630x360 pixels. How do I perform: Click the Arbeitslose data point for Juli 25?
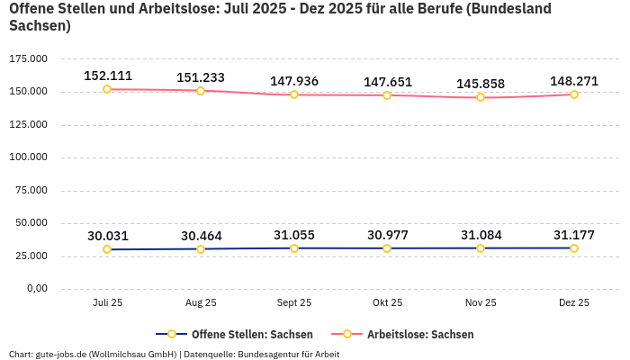coord(107,89)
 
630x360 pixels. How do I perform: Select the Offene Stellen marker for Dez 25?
coord(574,248)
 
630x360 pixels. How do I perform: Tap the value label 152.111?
coord(107,76)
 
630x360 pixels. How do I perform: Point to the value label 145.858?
coord(481,84)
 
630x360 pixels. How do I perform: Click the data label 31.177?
coord(574,235)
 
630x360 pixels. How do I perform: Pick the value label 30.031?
coord(107,236)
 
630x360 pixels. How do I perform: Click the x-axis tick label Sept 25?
coord(294,303)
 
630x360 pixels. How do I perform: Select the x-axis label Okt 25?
coord(387,303)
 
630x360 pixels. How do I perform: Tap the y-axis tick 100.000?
coord(28,157)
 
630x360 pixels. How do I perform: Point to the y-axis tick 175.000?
coord(28,58)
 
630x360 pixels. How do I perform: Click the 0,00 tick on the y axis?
coord(36,288)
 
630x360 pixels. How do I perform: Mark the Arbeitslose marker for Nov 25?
coord(481,97)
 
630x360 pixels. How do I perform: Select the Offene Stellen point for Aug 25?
coord(201,249)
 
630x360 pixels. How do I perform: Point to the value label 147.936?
coord(294,81)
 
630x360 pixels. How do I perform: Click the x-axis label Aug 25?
coord(201,303)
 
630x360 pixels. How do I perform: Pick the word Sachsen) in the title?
coord(39,26)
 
